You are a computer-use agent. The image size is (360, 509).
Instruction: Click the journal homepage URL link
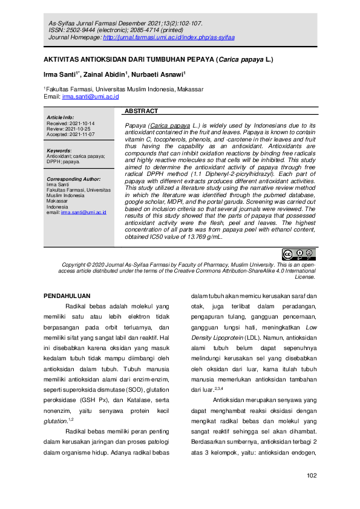point(169,37)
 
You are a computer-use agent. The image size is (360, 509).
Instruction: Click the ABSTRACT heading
point(142,111)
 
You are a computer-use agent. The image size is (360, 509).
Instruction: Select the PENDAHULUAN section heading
point(68,296)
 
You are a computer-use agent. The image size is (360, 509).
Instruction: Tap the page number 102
point(312,476)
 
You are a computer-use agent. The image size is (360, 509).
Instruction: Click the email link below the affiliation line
point(90,97)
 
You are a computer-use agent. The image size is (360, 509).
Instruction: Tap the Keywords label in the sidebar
point(59,151)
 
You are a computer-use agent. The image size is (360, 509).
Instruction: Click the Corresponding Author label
point(73,180)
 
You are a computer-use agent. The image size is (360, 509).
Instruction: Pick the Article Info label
point(60,117)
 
